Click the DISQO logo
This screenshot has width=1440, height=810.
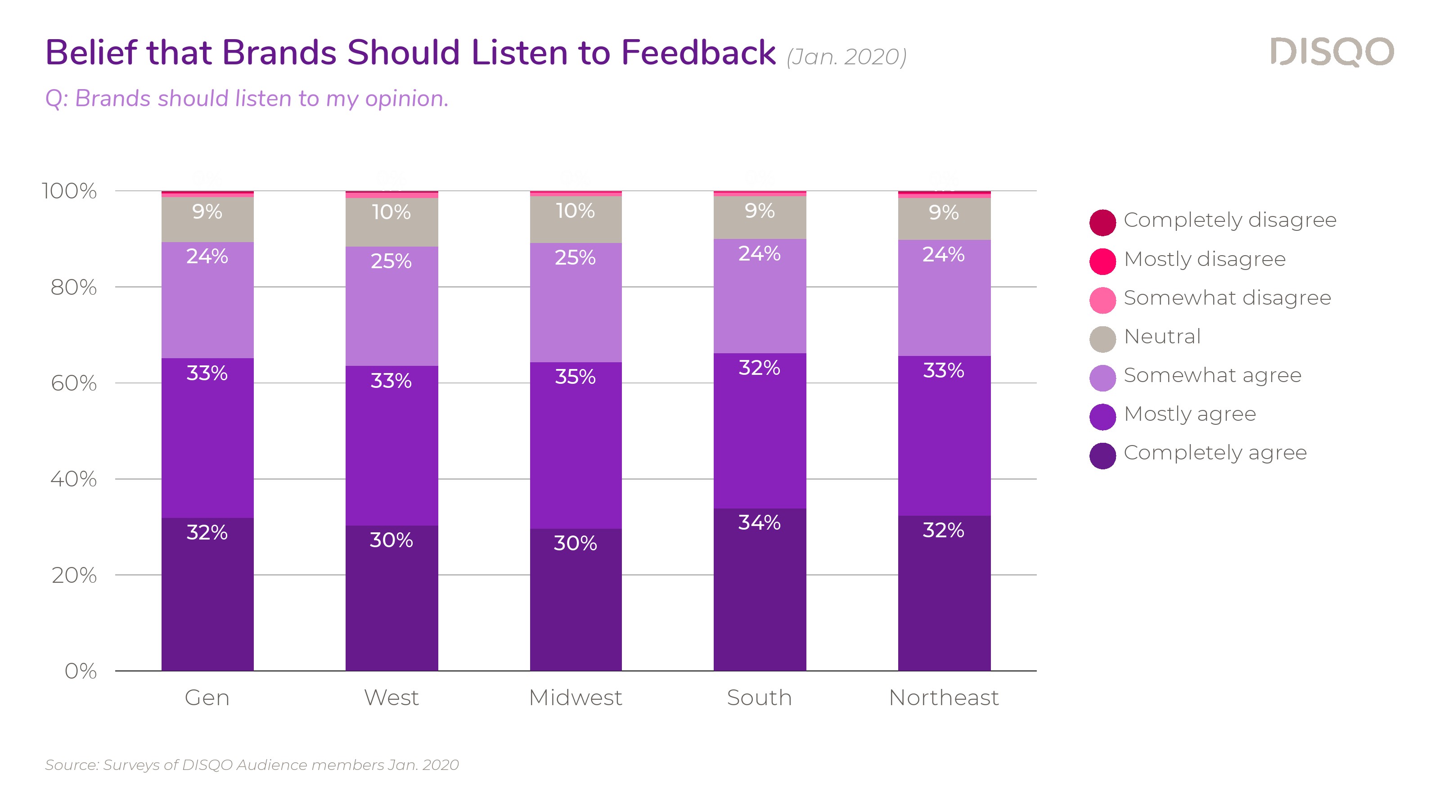(x=1332, y=52)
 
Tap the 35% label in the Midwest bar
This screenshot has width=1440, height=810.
(x=575, y=377)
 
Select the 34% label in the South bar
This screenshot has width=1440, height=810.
(x=759, y=522)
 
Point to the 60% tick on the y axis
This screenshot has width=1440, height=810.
(x=74, y=383)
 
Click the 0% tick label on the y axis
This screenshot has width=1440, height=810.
(x=81, y=671)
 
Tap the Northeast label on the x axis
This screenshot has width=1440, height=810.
(x=944, y=697)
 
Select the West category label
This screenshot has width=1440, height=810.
(x=391, y=697)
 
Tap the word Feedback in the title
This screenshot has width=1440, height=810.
(x=697, y=53)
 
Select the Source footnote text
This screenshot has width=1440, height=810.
(x=252, y=765)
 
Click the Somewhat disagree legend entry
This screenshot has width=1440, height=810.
(x=1227, y=298)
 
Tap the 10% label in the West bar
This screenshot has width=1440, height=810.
(x=391, y=212)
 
